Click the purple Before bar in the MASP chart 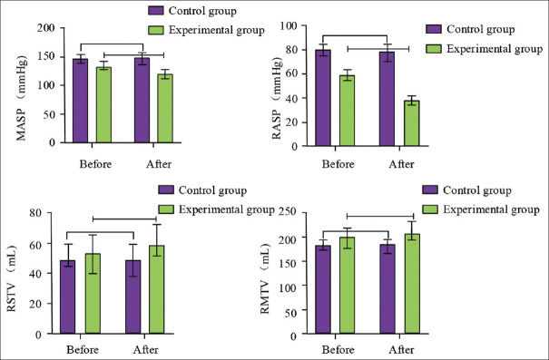(x=81, y=101)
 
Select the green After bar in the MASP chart (x=165, y=109)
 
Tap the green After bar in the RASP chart (x=412, y=123)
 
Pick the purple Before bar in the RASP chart (x=323, y=98)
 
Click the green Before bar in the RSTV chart (x=93, y=294)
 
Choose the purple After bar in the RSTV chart (x=133, y=297)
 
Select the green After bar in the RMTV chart (x=412, y=285)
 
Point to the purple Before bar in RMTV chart (x=323, y=290)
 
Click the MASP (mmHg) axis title (x=22, y=98)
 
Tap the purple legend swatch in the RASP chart (x=434, y=29)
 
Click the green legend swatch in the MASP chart (x=155, y=30)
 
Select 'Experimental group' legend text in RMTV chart (x=491, y=209)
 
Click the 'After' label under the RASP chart (x=401, y=164)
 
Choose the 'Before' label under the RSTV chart (x=83, y=349)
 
